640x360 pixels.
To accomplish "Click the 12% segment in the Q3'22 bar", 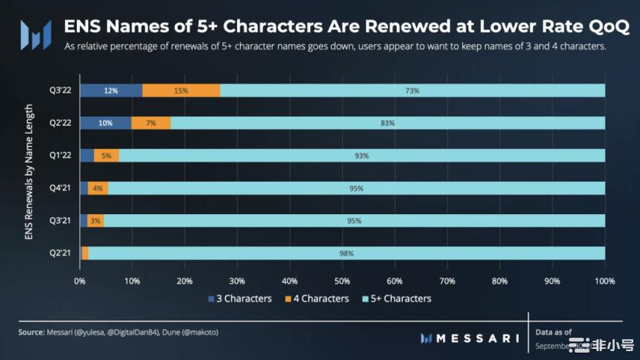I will point(111,90).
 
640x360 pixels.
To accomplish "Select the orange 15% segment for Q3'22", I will point(181,90).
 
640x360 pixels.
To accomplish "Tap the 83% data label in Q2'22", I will point(387,123).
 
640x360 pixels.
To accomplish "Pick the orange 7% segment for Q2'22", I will point(151,123).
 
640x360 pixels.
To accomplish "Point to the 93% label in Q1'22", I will point(361,156).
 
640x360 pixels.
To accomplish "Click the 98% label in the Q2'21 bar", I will point(346,253).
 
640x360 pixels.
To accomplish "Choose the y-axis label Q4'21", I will point(59,188).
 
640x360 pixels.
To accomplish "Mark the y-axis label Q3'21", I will point(59,221).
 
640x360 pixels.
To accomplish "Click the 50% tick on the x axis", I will point(343,281).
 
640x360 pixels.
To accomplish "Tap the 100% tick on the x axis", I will point(604,281).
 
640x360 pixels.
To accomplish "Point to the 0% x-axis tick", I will point(80,281).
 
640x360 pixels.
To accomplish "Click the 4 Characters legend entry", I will point(316,299).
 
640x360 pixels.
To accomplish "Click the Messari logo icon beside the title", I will point(36,33).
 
